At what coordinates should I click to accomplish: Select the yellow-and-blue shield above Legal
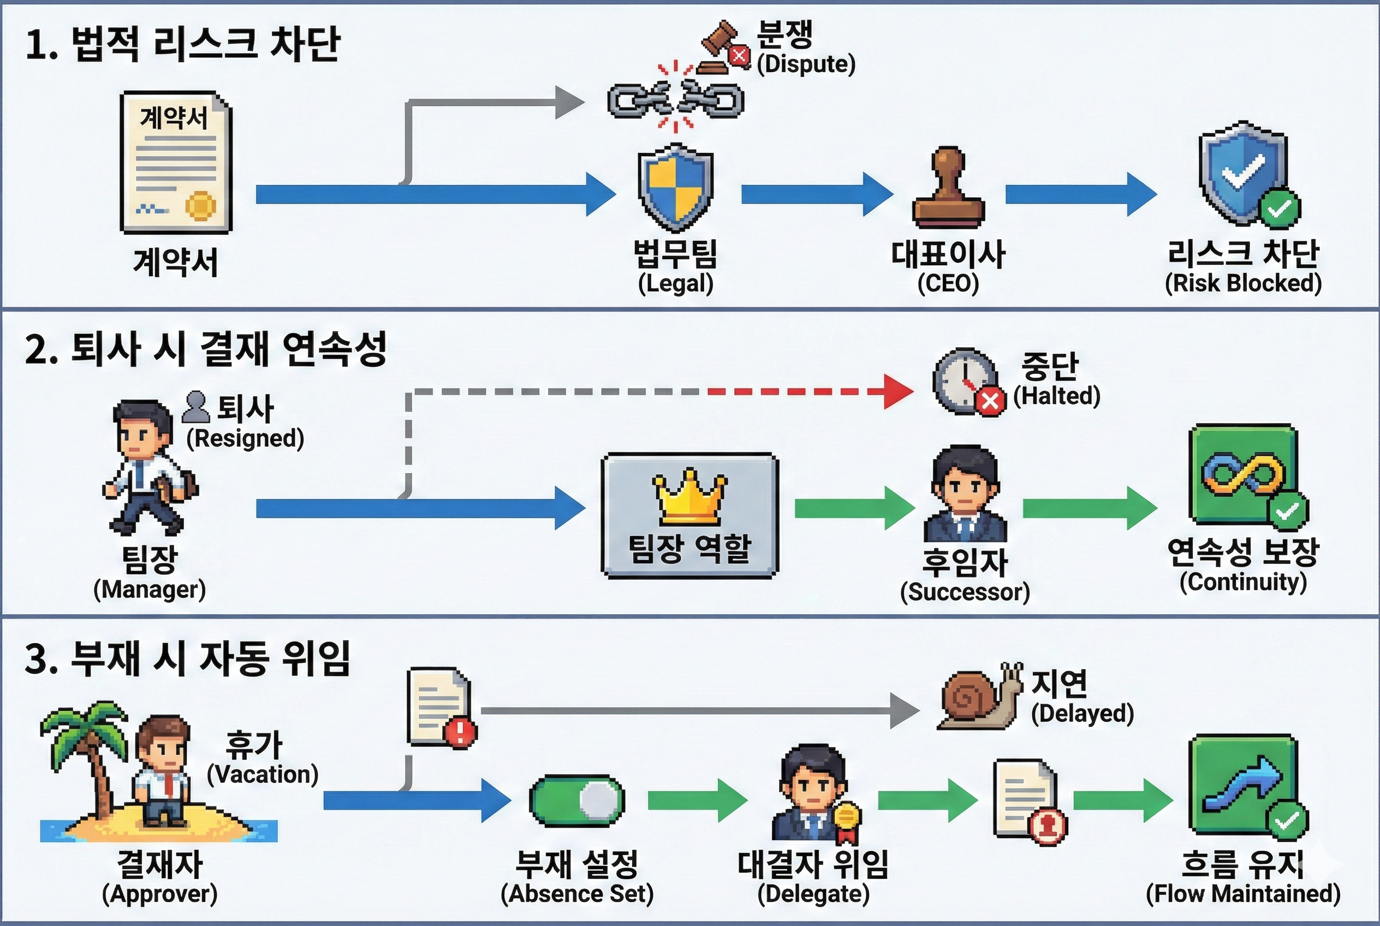pyautogui.click(x=675, y=188)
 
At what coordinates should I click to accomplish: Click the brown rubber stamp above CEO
pyautogui.click(x=948, y=189)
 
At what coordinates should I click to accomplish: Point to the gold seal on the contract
pyautogui.click(x=201, y=205)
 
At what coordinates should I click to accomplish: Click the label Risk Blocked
pyautogui.click(x=1243, y=283)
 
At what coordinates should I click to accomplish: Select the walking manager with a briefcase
pyautogui.click(x=147, y=466)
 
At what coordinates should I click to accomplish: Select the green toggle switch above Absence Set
pyautogui.click(x=577, y=801)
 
